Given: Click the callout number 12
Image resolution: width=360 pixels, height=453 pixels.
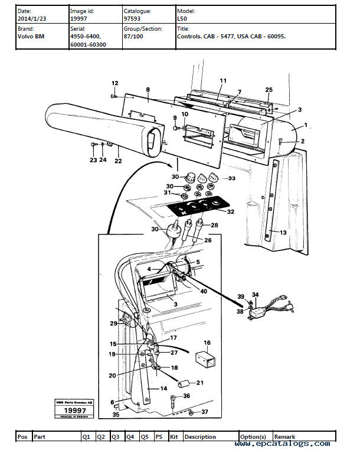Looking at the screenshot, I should click(x=114, y=83).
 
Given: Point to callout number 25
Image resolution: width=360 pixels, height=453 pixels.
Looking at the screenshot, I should click(x=269, y=90).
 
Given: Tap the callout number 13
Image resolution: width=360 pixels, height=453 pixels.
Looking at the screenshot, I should click(x=283, y=233).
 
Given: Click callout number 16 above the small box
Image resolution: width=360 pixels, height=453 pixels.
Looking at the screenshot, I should click(x=207, y=343).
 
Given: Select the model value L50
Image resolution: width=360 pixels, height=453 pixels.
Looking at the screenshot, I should click(x=182, y=19).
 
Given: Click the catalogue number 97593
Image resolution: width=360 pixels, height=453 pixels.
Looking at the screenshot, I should click(x=132, y=19).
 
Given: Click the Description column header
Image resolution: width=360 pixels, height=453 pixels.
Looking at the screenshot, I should click(x=201, y=436).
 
